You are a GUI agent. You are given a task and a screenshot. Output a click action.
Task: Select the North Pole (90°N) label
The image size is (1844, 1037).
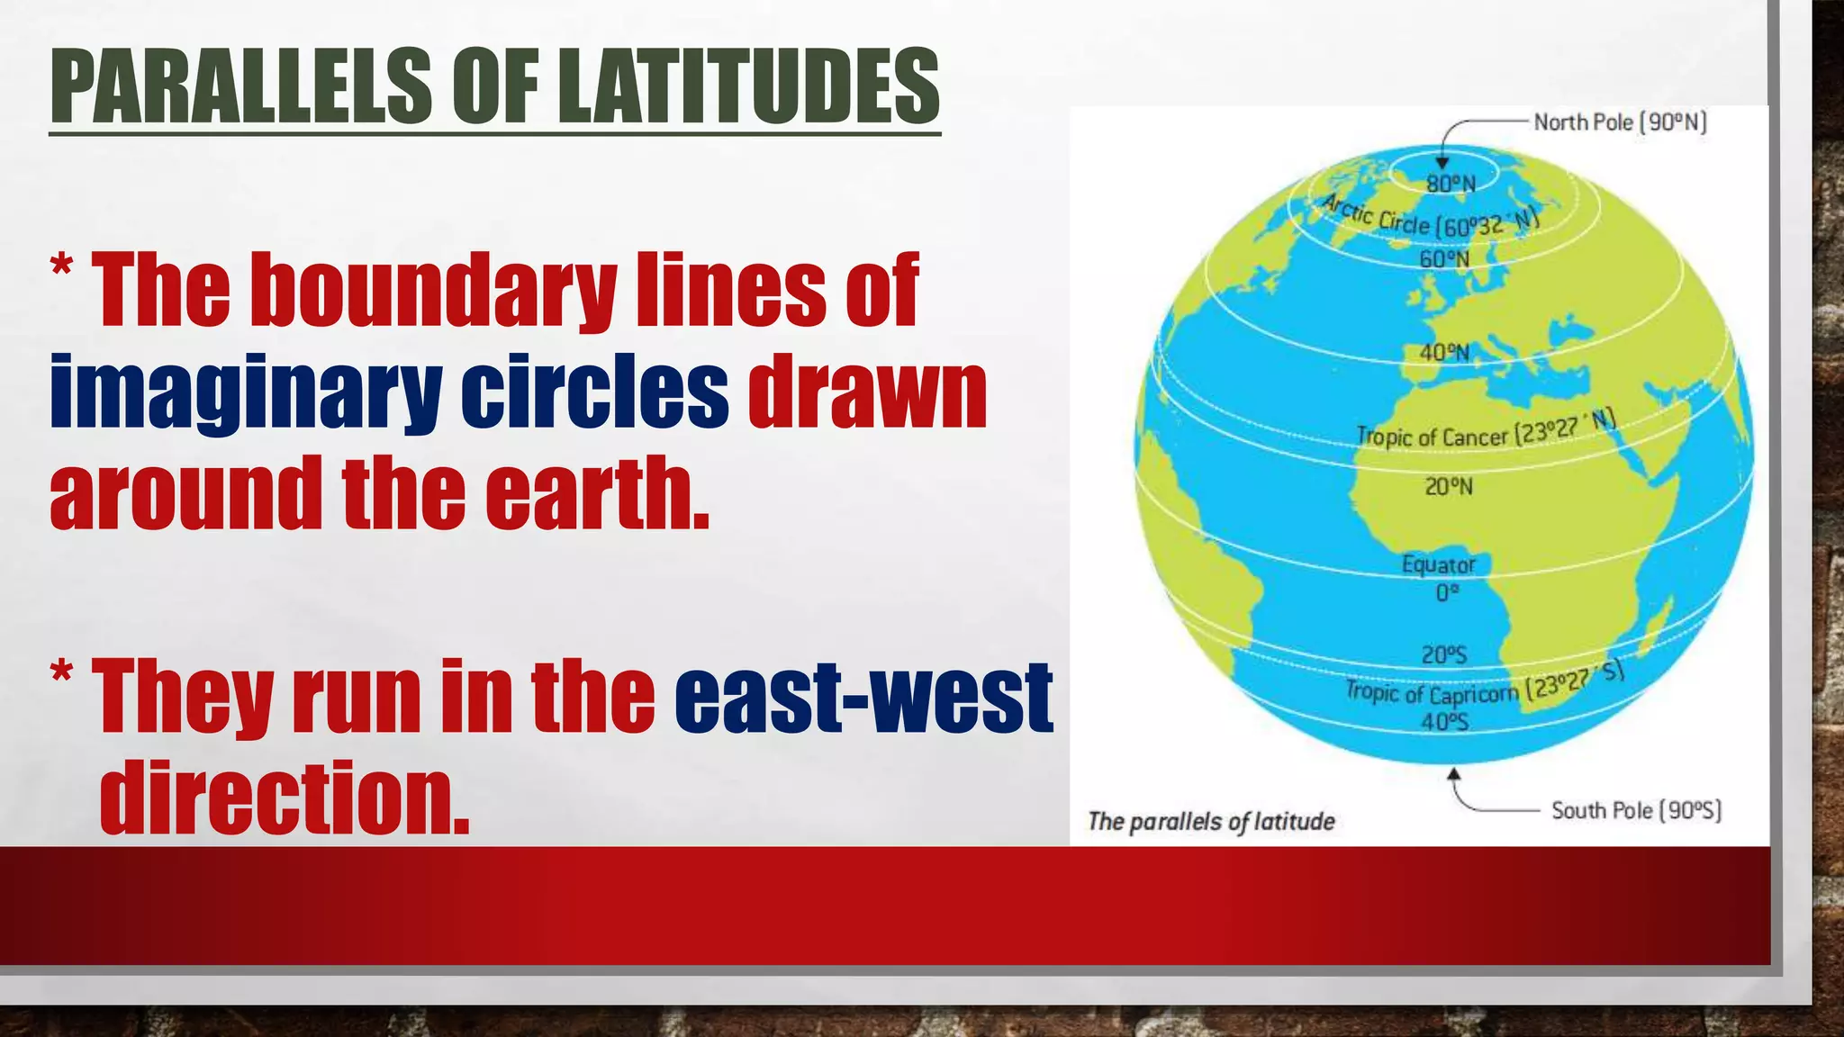(x=1620, y=122)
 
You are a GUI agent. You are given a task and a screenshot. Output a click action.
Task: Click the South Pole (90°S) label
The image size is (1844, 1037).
(x=1636, y=810)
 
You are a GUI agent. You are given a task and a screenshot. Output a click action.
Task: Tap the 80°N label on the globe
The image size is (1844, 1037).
(x=1451, y=185)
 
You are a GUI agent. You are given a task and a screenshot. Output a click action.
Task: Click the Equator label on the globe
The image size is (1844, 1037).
(x=1438, y=565)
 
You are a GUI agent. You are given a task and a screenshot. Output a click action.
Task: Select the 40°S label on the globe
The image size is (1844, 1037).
(x=1444, y=722)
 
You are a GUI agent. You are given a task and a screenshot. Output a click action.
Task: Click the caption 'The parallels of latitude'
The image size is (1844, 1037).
(x=1211, y=821)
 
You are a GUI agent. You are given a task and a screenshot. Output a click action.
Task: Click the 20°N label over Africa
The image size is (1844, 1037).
(x=1448, y=487)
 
